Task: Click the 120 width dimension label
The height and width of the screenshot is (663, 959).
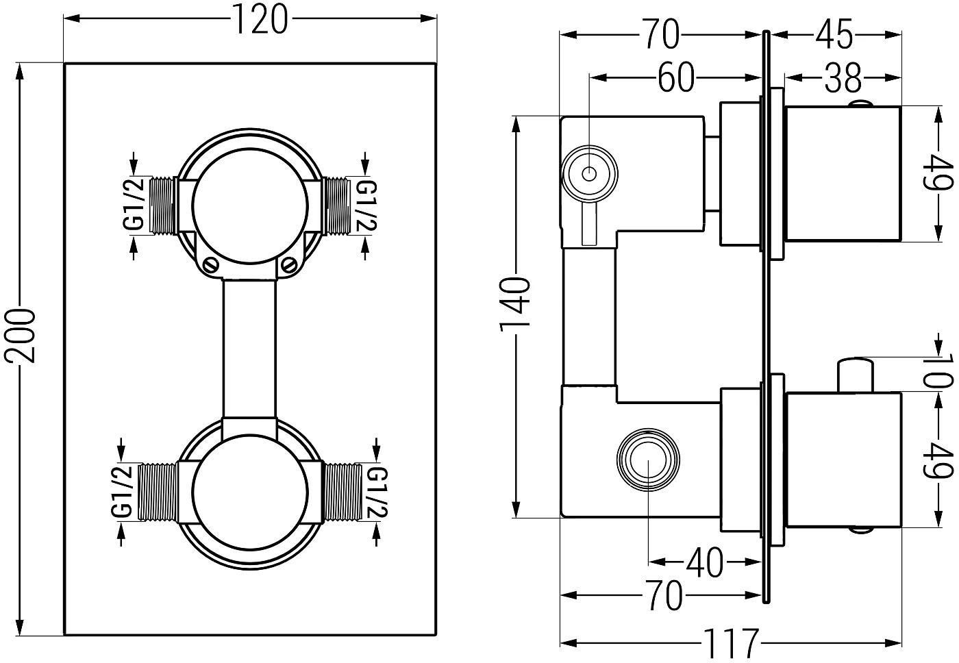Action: (x=260, y=20)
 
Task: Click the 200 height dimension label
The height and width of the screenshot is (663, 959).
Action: (x=20, y=336)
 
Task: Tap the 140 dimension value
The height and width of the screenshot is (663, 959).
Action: (x=515, y=304)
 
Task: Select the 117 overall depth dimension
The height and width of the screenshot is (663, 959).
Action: (x=732, y=643)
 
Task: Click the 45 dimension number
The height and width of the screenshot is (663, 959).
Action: (x=834, y=34)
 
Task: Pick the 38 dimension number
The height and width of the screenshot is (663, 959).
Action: (x=843, y=78)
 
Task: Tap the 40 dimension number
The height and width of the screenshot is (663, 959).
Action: (x=704, y=563)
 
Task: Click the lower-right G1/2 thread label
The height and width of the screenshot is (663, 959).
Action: (x=377, y=492)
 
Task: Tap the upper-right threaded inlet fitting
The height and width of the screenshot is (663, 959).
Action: (x=336, y=206)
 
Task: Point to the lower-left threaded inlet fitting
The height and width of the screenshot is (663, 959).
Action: (x=158, y=491)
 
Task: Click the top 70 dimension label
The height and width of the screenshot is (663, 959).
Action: (x=662, y=34)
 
